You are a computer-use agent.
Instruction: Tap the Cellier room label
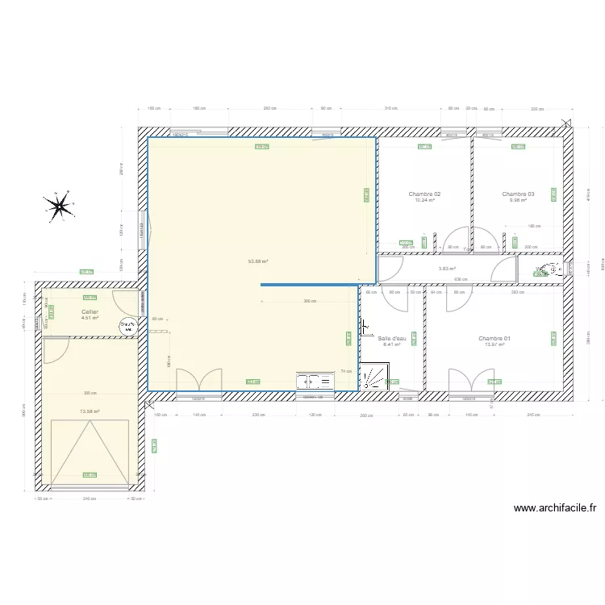pos(90,311)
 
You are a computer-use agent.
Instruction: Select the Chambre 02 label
pos(424,194)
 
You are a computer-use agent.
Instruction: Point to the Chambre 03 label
pos(518,194)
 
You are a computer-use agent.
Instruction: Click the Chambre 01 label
pos(494,338)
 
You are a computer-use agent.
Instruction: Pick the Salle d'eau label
pos(392,338)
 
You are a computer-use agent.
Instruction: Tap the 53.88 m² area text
pos(259,261)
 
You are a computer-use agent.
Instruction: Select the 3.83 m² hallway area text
pos(447,269)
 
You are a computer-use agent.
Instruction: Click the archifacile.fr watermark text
pos(554,508)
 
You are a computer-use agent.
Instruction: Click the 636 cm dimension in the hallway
pos(461,280)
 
